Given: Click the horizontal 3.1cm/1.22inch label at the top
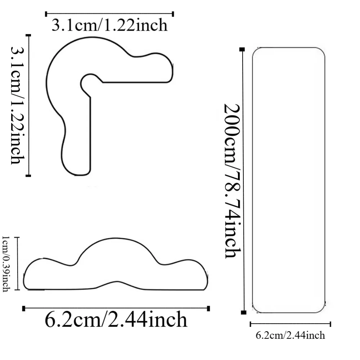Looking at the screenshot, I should [109, 26].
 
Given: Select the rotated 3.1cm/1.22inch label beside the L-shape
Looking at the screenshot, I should [17, 105].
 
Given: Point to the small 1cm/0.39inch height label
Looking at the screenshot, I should [6, 264].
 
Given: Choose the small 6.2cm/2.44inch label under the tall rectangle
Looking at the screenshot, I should [290, 336].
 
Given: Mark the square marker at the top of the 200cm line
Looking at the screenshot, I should [242, 49].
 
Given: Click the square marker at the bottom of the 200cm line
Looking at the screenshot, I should [244, 312].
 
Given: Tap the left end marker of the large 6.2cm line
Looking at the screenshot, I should [24, 309].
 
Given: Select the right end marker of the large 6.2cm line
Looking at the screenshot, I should [208, 309].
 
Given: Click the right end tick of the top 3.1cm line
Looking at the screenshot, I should [173, 14].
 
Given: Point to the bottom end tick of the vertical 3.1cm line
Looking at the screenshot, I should [28, 176].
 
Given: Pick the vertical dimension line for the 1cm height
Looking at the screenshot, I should [18, 263].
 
